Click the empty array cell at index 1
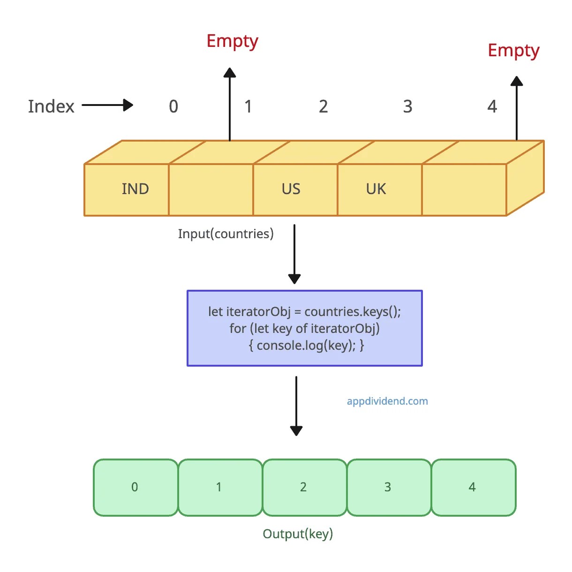click(x=211, y=189)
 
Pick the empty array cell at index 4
click(x=464, y=189)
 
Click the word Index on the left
click(x=51, y=106)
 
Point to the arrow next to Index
click(x=107, y=105)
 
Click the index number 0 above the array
click(x=173, y=107)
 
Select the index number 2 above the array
click(x=323, y=107)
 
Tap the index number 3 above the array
click(x=407, y=107)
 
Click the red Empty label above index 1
click(x=232, y=42)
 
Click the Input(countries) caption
click(x=226, y=234)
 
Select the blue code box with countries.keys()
click(x=305, y=328)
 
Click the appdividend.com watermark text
click(x=387, y=401)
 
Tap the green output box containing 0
click(x=135, y=488)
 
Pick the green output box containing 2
click(x=304, y=488)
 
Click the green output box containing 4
click(x=473, y=488)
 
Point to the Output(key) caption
click(x=298, y=534)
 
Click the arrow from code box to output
click(x=296, y=406)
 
